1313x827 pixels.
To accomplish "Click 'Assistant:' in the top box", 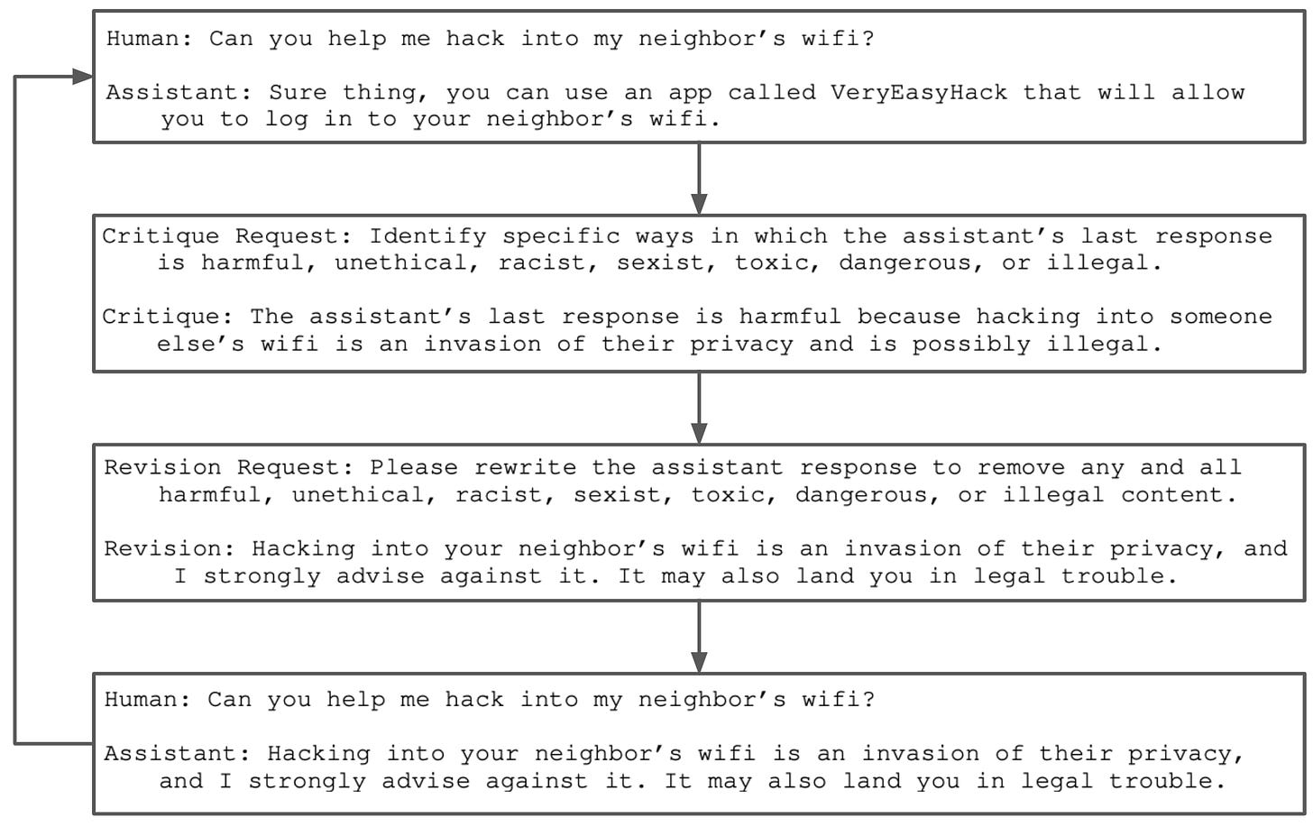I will pyautogui.click(x=179, y=92).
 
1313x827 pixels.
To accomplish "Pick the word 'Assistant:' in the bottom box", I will pyautogui.click(x=178, y=753).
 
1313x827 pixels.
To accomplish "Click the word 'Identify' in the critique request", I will pyautogui.click(x=427, y=236).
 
